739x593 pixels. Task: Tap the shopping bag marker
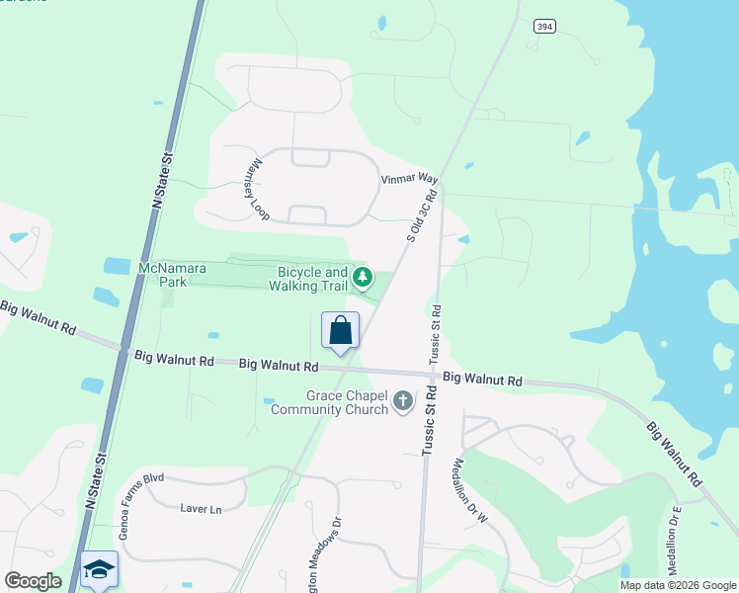340,331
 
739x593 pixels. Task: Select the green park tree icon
363,277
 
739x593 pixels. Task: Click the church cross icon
402,401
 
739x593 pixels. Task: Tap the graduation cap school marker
99,569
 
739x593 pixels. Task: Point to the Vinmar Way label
409,179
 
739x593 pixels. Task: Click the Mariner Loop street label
255,189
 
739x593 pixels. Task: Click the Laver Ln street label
201,509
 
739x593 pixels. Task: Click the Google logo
33,581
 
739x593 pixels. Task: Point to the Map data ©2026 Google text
678,585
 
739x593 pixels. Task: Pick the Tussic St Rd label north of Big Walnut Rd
436,335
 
